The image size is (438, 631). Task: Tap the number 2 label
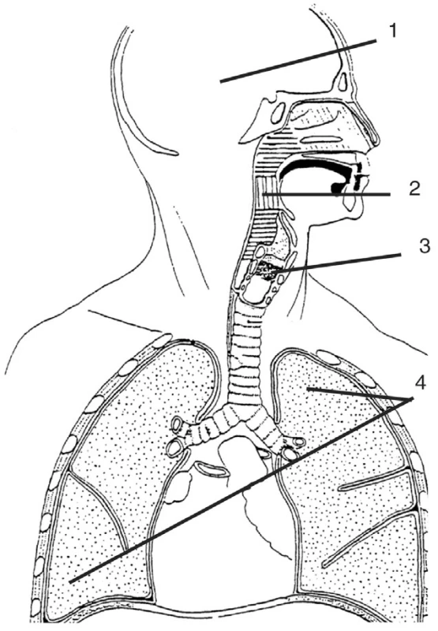(414, 189)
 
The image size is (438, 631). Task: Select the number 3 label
(424, 245)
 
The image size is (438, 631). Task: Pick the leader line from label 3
(338, 263)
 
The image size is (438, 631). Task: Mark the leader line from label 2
(326, 194)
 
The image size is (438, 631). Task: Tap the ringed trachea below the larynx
(245, 354)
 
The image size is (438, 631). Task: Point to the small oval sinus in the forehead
(343, 82)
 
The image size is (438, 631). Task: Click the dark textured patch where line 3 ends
(267, 269)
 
